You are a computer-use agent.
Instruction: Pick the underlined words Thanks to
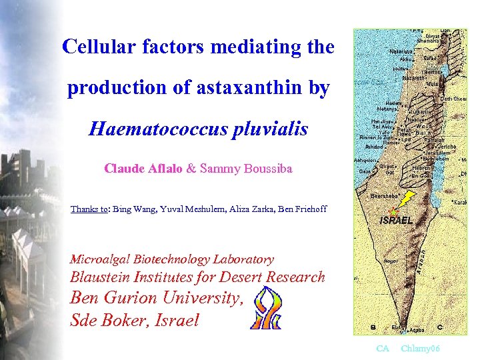[90, 209]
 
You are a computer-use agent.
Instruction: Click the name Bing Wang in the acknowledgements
[133, 209]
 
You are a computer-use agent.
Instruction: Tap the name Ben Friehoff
[305, 209]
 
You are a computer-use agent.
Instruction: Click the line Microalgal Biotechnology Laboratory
[171, 259]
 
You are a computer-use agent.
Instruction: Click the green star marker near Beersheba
[393, 211]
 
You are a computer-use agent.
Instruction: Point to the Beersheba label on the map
[385, 197]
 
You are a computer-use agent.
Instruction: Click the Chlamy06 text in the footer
[420, 349]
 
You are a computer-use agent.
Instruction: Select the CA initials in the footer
[382, 349]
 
